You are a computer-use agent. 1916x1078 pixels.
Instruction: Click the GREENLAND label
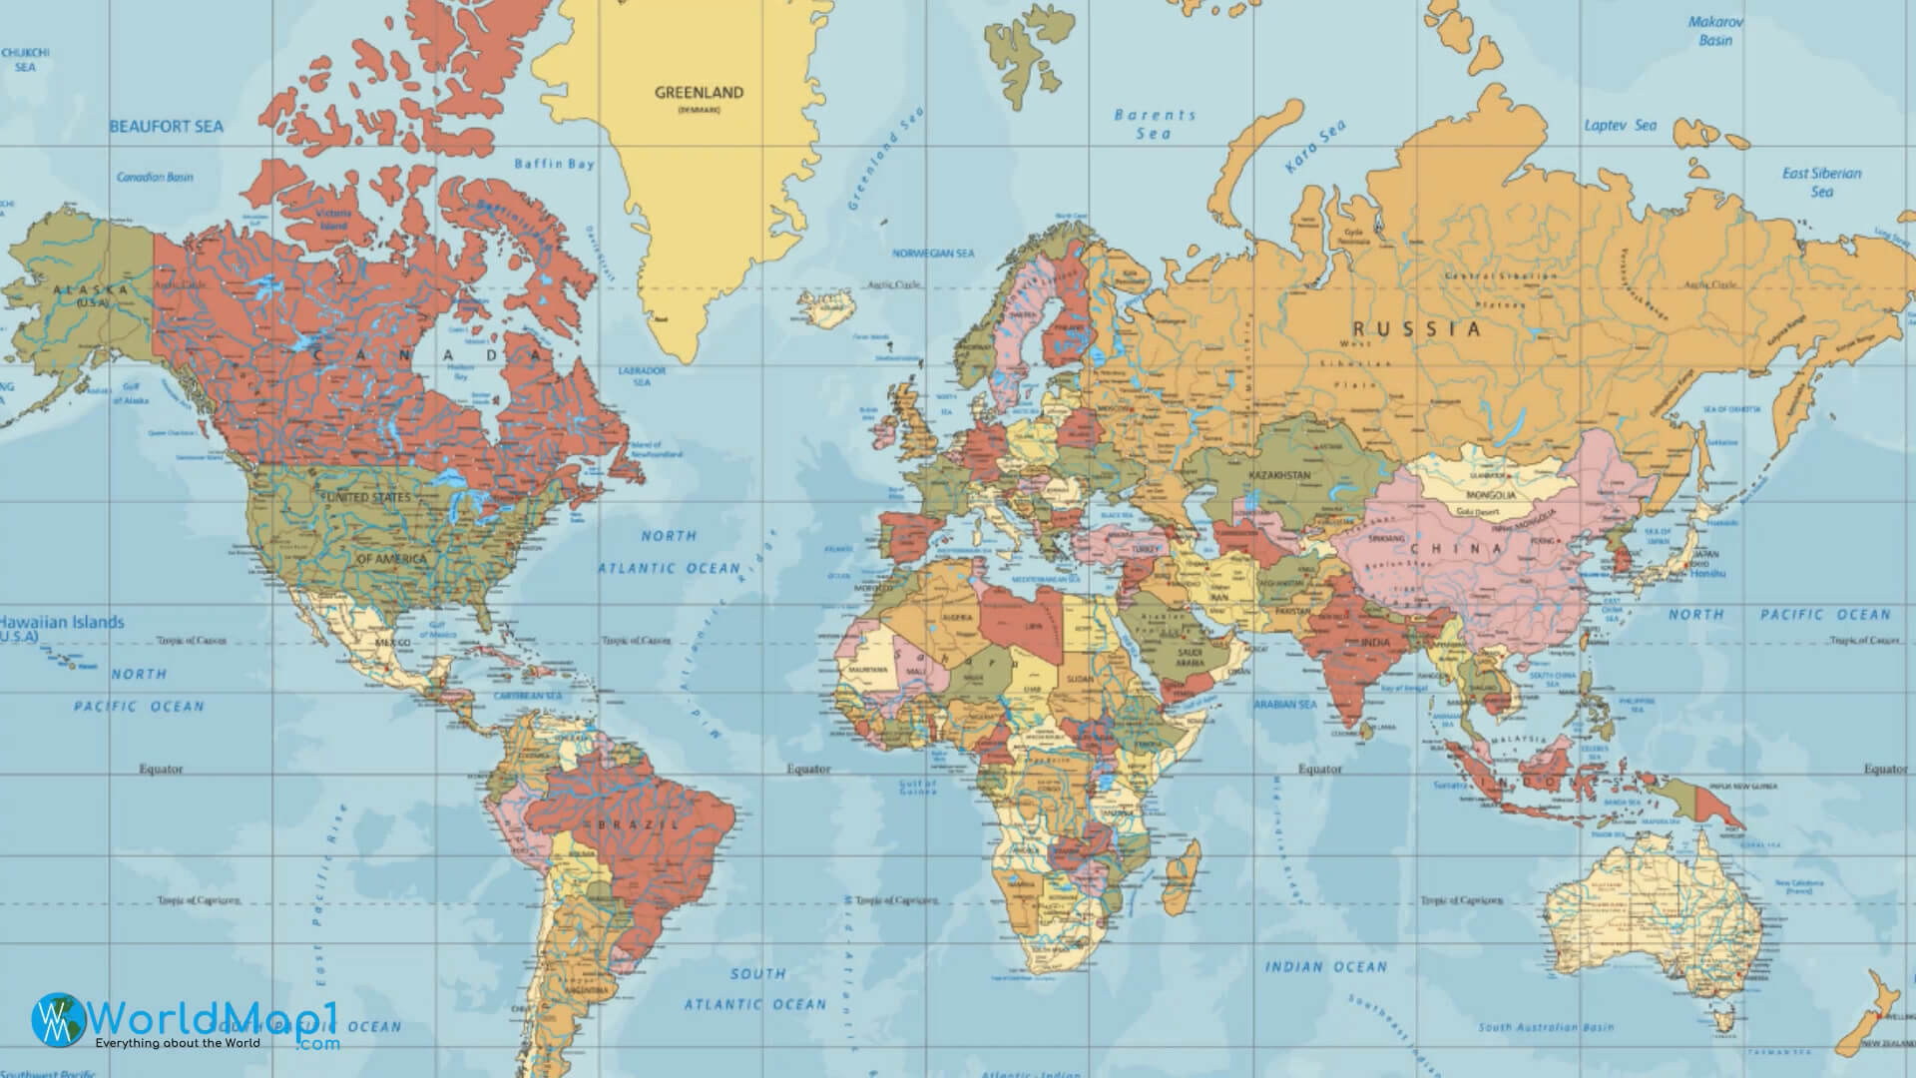(x=699, y=93)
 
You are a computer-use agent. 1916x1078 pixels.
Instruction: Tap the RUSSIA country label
(x=1417, y=328)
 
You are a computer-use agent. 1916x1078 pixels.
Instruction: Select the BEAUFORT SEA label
(x=166, y=127)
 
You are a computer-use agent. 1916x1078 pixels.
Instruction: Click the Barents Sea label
(x=1155, y=124)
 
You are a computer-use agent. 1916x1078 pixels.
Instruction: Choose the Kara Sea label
(x=1315, y=147)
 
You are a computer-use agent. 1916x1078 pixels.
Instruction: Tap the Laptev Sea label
(x=1620, y=126)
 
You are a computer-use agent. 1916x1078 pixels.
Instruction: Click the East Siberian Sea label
(x=1821, y=182)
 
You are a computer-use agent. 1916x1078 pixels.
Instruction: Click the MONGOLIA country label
(x=1491, y=495)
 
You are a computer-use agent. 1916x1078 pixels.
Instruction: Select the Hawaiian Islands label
(x=62, y=622)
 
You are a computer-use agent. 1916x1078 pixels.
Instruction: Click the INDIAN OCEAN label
(x=1326, y=966)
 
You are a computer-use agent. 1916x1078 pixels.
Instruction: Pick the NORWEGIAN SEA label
(x=933, y=254)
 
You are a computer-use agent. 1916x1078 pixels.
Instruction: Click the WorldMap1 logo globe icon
(x=57, y=1020)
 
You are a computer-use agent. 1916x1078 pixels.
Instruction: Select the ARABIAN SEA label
(x=1285, y=705)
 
